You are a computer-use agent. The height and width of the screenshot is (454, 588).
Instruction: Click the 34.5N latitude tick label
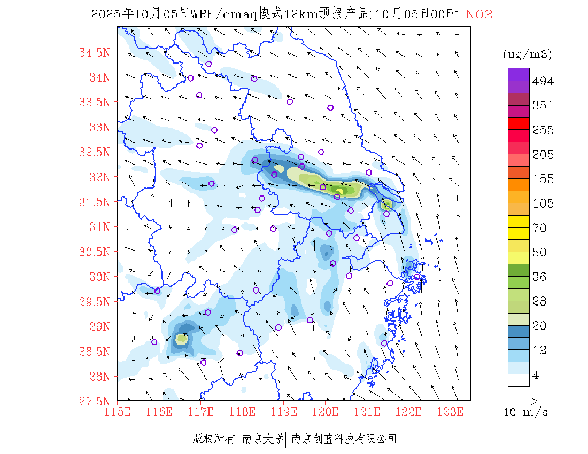(95, 52)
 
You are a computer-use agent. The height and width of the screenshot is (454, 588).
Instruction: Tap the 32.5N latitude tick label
(95, 152)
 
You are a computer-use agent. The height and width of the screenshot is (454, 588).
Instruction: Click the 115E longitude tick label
(118, 412)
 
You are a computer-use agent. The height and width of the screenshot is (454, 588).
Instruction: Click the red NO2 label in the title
(479, 14)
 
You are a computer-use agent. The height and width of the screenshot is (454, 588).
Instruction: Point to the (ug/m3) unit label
(527, 54)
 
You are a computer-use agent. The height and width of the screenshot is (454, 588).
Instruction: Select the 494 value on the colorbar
(543, 82)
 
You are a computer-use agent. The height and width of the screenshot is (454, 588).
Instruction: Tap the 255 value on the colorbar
(543, 130)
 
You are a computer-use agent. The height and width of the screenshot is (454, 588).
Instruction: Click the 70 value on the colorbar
(539, 228)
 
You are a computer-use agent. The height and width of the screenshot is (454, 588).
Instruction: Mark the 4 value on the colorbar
(536, 375)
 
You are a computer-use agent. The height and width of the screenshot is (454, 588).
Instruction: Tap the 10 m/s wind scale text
(526, 412)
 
